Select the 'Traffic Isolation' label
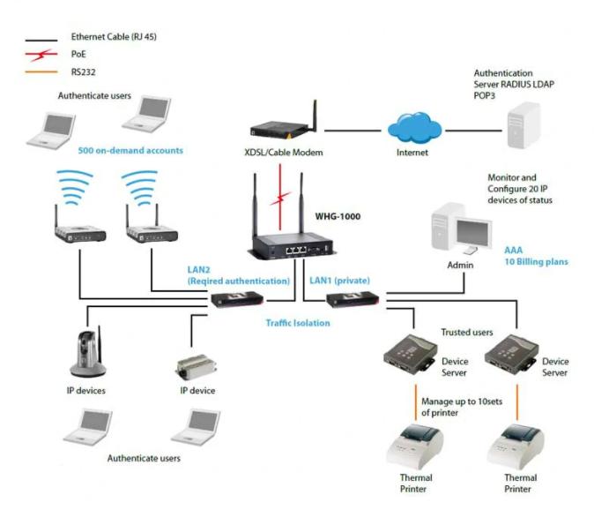coord(297,323)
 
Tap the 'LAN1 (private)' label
coord(338,280)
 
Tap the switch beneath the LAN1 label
coord(353,300)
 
